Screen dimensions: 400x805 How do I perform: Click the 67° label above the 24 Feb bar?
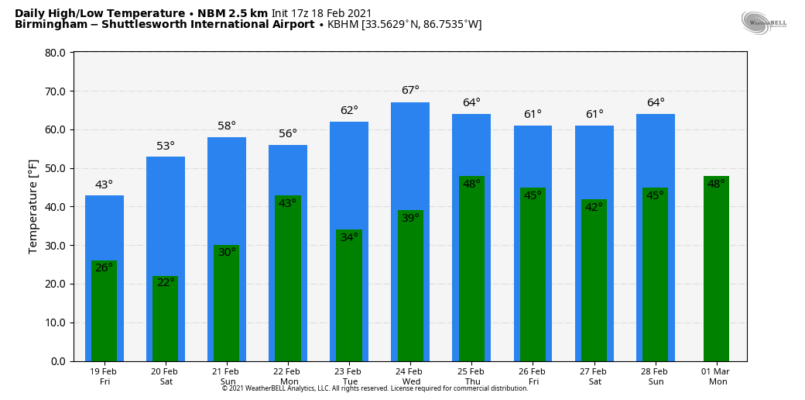pyautogui.click(x=410, y=91)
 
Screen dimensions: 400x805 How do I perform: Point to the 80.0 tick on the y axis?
pyautogui.click(x=55, y=53)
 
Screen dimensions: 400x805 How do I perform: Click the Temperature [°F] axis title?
pyautogui.click(x=33, y=206)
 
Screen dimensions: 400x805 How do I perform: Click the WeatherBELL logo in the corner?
pyautogui.click(x=763, y=22)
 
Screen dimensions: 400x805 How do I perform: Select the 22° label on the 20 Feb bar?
pyautogui.click(x=166, y=283)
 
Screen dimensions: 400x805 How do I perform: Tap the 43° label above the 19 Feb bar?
pyautogui.click(x=104, y=184)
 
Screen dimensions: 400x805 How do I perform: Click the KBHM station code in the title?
pyautogui.click(x=343, y=25)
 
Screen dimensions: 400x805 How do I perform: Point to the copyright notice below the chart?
pyautogui.click(x=375, y=388)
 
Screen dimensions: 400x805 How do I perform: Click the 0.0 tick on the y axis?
pyautogui.click(x=58, y=361)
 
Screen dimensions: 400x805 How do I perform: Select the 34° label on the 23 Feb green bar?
pyautogui.click(x=349, y=237)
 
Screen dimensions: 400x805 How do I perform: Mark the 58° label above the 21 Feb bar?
pyautogui.click(x=227, y=126)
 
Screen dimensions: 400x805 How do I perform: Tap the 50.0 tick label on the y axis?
pyautogui.click(x=55, y=168)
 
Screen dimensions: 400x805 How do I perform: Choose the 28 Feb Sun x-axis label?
pyautogui.click(x=656, y=377)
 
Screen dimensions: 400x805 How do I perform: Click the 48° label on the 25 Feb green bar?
pyautogui.click(x=471, y=184)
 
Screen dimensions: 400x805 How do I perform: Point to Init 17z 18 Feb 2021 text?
pyautogui.click(x=321, y=13)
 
